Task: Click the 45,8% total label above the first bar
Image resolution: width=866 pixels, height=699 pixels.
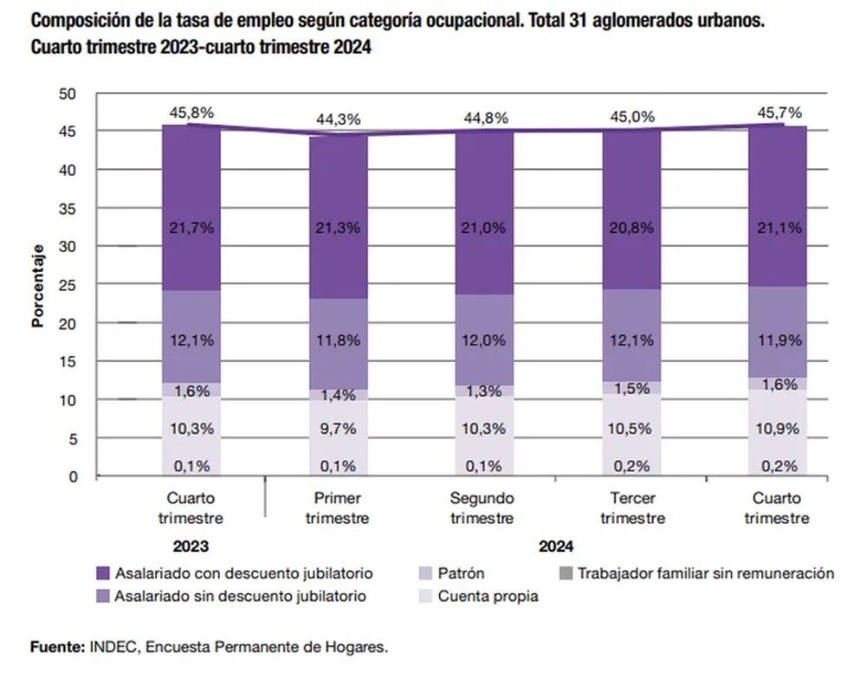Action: tap(191, 112)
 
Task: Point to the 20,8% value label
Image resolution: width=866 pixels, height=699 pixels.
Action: tap(632, 228)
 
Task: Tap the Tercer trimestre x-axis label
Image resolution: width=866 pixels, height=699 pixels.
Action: tap(632, 508)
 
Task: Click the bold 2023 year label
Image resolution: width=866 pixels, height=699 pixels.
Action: tap(191, 547)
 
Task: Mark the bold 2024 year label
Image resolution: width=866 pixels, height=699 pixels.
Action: tap(556, 547)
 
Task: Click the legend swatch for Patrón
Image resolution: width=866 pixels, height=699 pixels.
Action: tap(424, 573)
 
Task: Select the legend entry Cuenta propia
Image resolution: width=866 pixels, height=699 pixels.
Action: tap(488, 596)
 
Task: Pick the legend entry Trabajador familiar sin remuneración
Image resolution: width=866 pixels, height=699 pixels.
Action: tap(705, 573)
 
